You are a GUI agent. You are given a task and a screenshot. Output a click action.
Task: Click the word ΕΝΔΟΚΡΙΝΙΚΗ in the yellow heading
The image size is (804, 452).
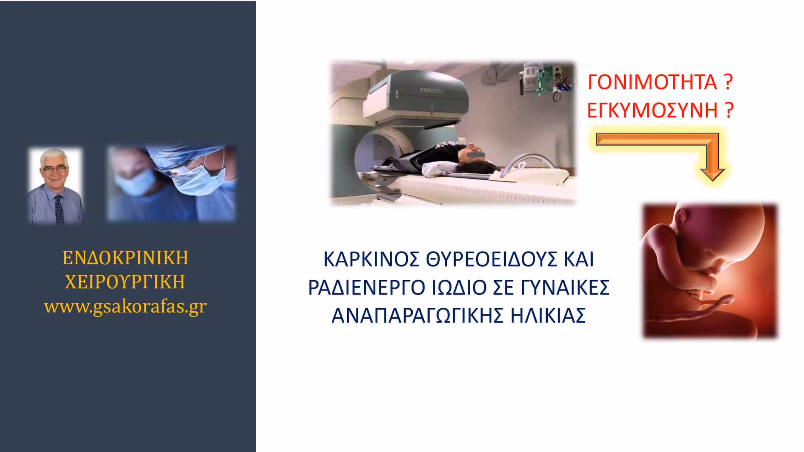[x=125, y=258]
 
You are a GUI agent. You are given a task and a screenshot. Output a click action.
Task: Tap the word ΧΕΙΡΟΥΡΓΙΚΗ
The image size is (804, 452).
[x=125, y=282]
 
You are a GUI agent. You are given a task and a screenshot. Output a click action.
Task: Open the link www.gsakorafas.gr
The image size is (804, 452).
[x=125, y=307]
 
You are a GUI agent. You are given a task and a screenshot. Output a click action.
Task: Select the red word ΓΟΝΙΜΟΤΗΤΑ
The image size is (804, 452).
[x=652, y=83]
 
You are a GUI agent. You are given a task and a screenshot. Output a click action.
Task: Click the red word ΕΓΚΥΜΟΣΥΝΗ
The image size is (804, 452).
[x=652, y=110]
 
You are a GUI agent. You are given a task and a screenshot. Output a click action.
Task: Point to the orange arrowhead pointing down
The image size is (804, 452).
[x=712, y=174]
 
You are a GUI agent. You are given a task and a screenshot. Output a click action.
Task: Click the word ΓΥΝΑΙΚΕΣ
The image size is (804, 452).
[x=565, y=287]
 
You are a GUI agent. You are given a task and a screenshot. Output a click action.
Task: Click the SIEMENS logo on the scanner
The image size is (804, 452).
[x=432, y=91]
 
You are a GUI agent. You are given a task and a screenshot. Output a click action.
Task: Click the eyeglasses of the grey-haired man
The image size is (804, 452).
[x=54, y=169]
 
